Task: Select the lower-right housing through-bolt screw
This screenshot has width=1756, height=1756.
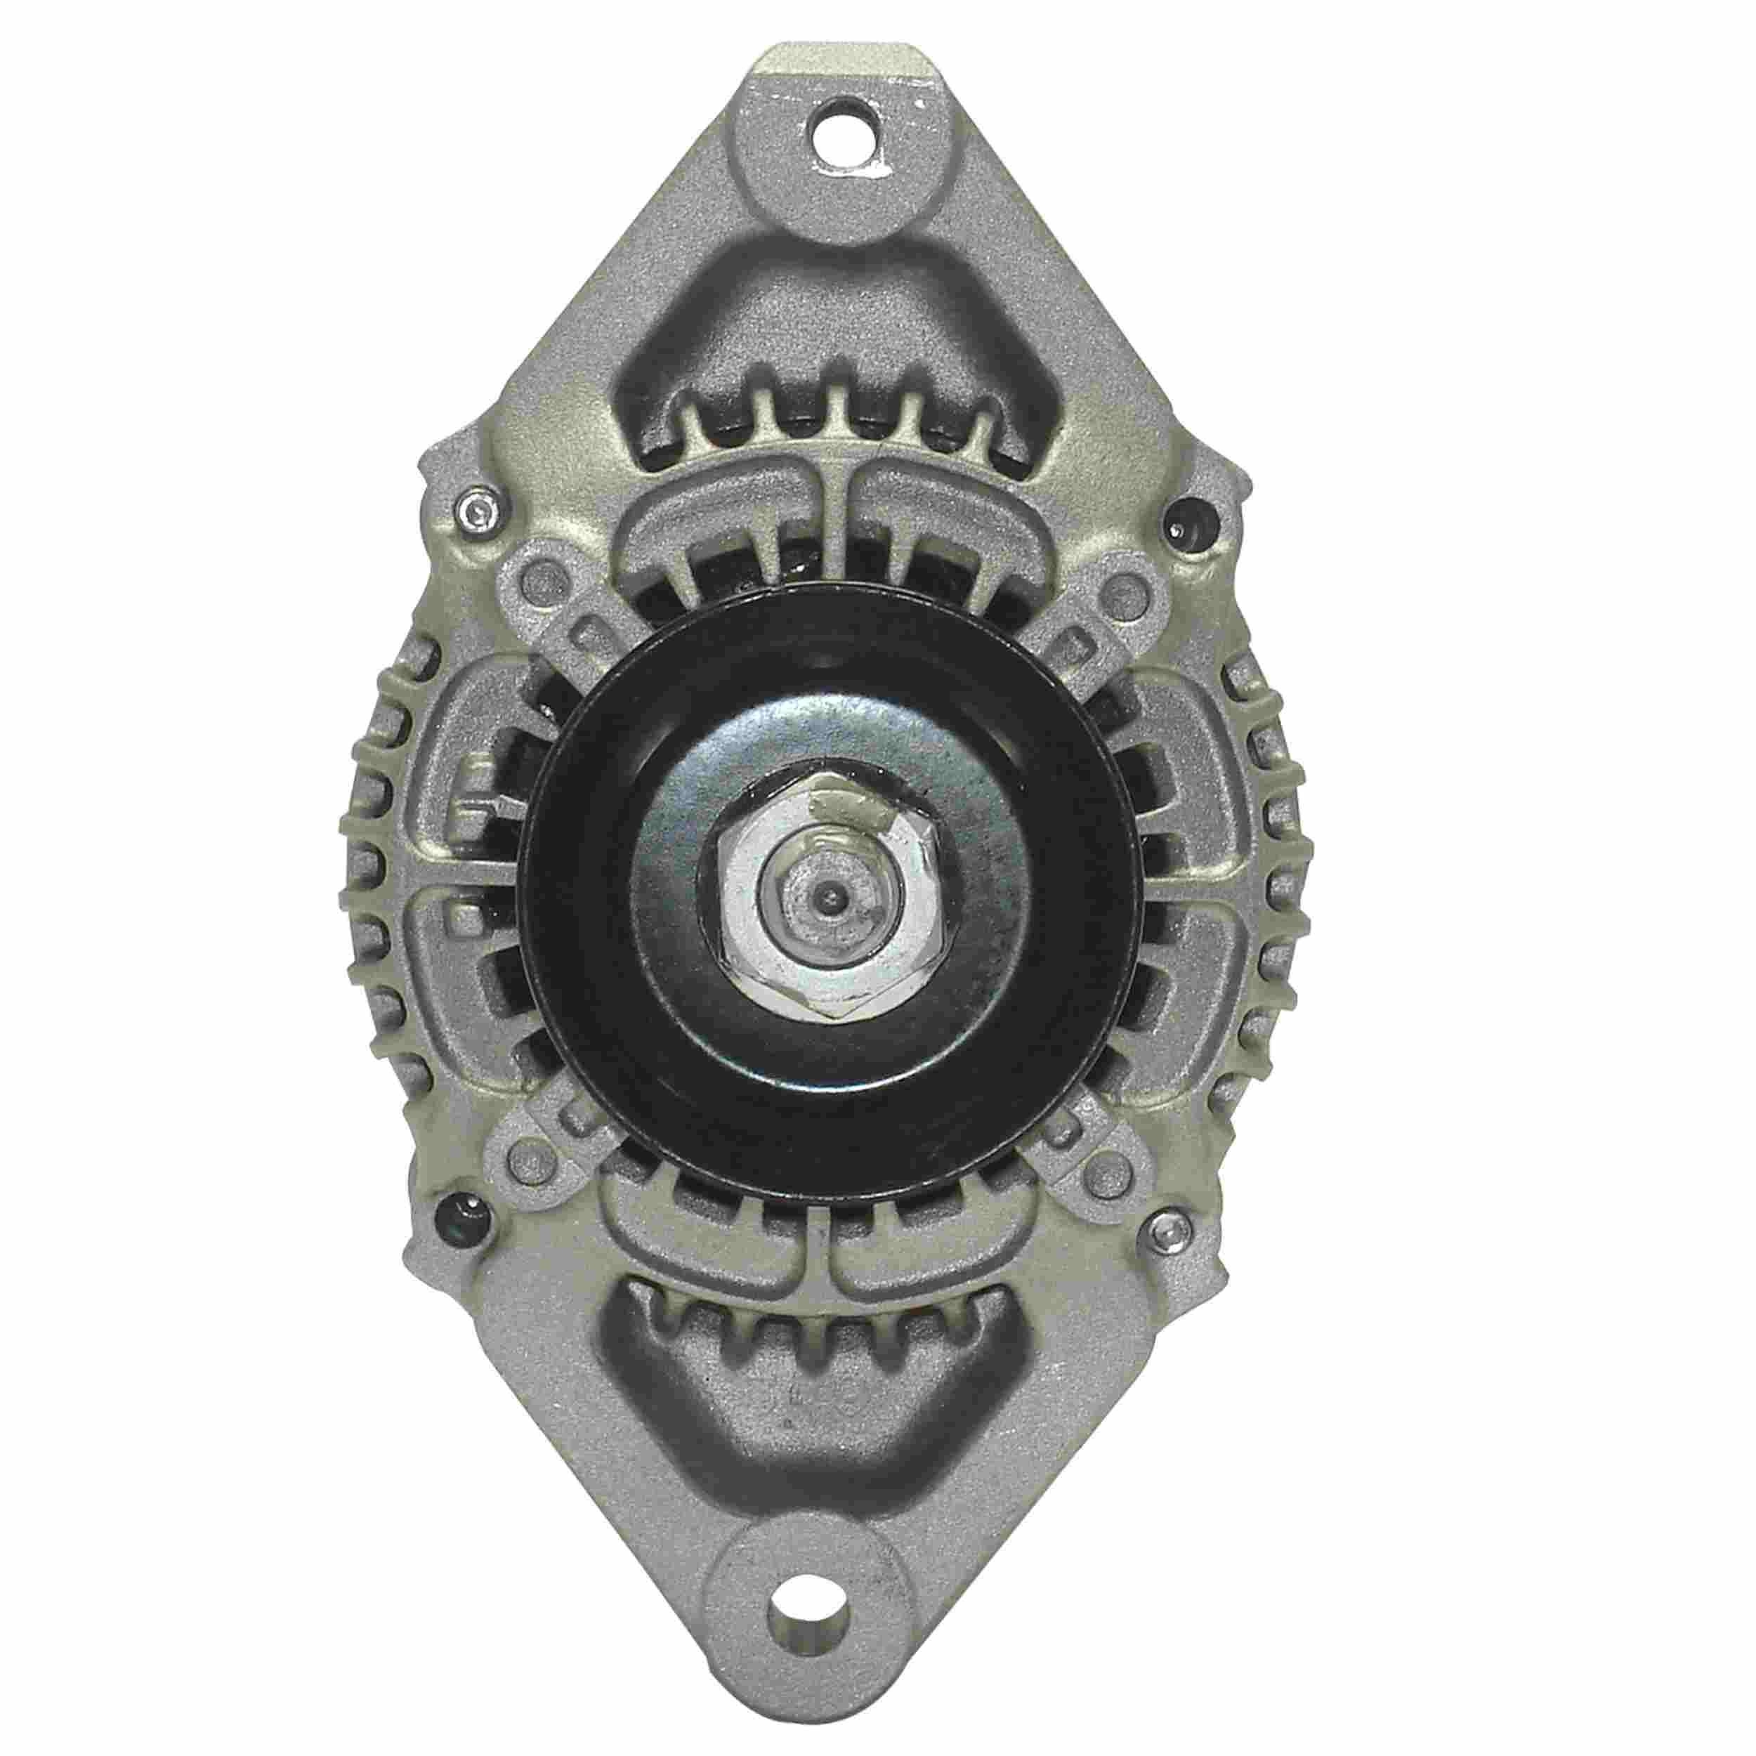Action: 1166,1233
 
